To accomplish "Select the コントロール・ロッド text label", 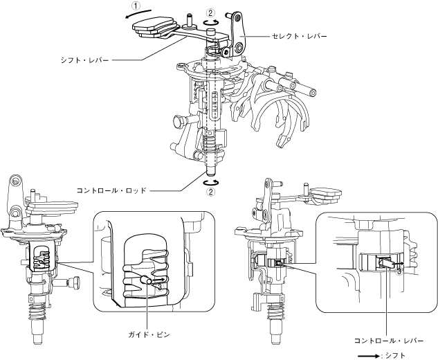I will coord(113,188).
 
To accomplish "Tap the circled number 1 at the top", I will coord(137,5).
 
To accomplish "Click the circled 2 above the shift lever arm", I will coord(211,12).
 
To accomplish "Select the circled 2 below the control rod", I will coord(210,192).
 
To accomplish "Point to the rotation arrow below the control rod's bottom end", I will coord(210,182).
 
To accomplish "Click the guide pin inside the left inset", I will coord(146,280).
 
